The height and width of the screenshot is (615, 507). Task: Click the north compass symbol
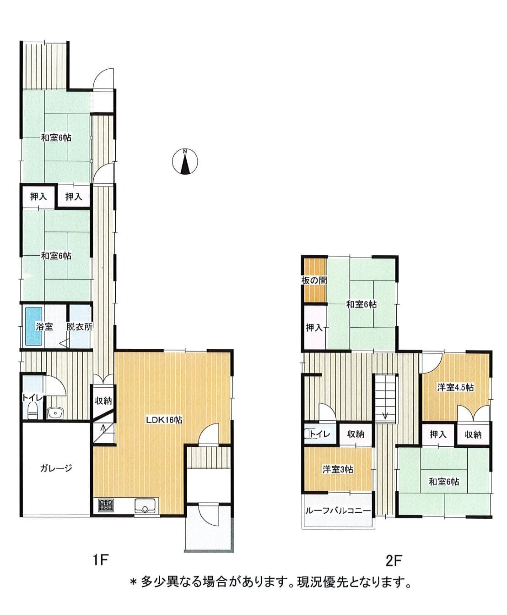pos(185,161)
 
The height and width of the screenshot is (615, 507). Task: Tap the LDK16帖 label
pos(164,420)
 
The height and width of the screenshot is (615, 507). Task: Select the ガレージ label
pos(56,468)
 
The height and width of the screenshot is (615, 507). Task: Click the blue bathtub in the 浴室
pos(33,326)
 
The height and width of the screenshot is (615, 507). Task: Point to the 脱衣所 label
pos(80,327)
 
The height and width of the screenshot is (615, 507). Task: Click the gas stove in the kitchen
pos(106,505)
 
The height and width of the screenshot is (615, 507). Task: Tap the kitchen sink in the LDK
pos(145,506)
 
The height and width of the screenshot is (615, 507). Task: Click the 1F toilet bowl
pos(32,410)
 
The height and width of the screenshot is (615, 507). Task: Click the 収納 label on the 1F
pos(103,401)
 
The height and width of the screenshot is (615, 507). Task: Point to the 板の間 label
pos(314,280)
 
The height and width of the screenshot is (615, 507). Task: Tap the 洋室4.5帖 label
pos(455,387)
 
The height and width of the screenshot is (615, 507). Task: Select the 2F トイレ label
pos(320,434)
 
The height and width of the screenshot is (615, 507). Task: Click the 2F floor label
pos(394,561)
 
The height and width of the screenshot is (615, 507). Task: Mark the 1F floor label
pos(101,560)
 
